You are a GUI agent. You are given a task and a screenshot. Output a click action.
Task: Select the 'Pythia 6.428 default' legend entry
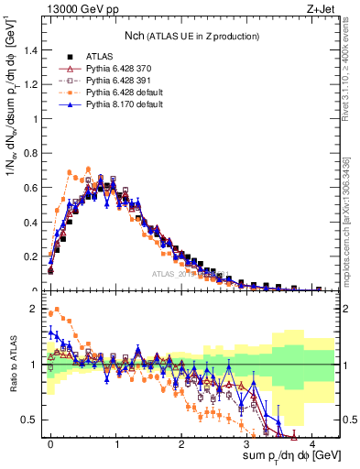tap(115, 93)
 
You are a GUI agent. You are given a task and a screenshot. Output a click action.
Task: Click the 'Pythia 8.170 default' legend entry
tap(115, 106)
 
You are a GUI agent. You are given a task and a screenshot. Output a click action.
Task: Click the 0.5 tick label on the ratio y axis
tap(31, 420)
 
